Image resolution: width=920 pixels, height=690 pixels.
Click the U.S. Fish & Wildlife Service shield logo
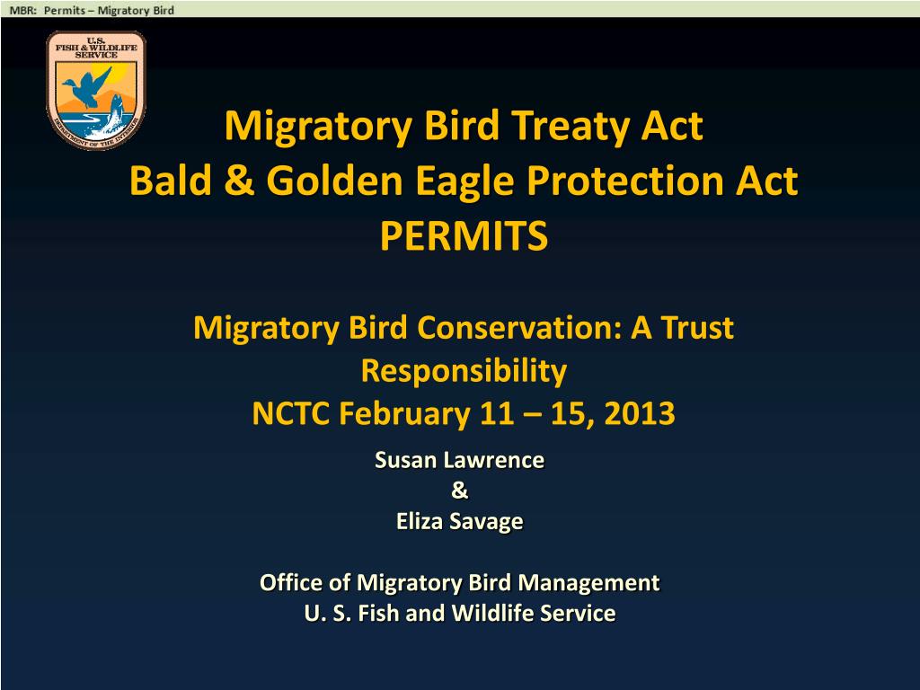[95, 90]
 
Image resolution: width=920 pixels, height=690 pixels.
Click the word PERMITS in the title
[464, 237]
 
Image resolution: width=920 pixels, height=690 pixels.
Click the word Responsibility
[464, 370]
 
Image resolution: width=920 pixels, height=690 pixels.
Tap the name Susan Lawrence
[460, 461]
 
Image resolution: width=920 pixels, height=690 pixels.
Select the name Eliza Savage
[460, 521]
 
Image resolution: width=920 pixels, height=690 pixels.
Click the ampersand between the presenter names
[460, 491]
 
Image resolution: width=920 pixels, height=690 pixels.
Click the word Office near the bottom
[291, 583]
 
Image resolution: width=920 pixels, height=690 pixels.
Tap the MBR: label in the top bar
[23, 10]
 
